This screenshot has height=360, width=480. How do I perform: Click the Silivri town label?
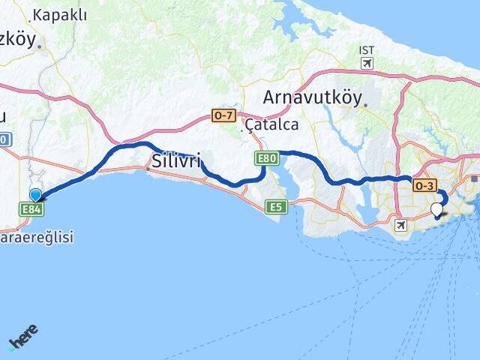point(176,160)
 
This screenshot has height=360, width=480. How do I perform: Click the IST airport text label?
point(367,50)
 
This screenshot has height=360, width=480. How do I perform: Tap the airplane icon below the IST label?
point(367,63)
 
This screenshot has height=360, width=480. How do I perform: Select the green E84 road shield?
point(31,209)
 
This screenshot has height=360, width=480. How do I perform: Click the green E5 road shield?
point(276,205)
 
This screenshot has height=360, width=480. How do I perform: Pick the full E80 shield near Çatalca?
point(266,158)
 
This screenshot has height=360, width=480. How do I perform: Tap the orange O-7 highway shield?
point(223,115)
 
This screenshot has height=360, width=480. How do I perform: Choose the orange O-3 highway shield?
point(424,185)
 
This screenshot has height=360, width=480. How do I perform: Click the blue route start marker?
point(35,195)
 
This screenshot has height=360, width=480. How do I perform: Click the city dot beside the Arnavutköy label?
point(364,106)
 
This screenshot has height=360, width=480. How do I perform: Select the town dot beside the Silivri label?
point(148,169)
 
